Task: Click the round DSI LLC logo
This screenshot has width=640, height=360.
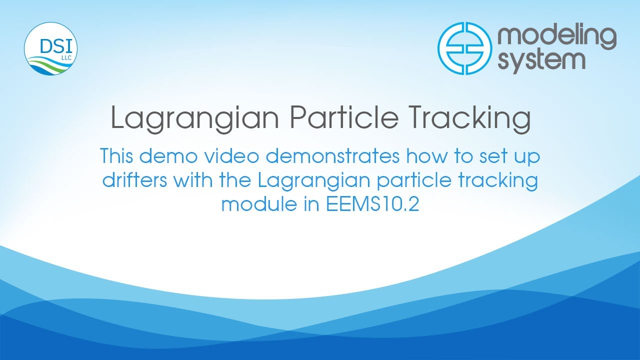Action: click(x=50, y=49)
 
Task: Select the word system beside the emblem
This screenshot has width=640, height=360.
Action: click(x=541, y=61)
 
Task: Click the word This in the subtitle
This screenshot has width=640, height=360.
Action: click(x=116, y=156)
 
